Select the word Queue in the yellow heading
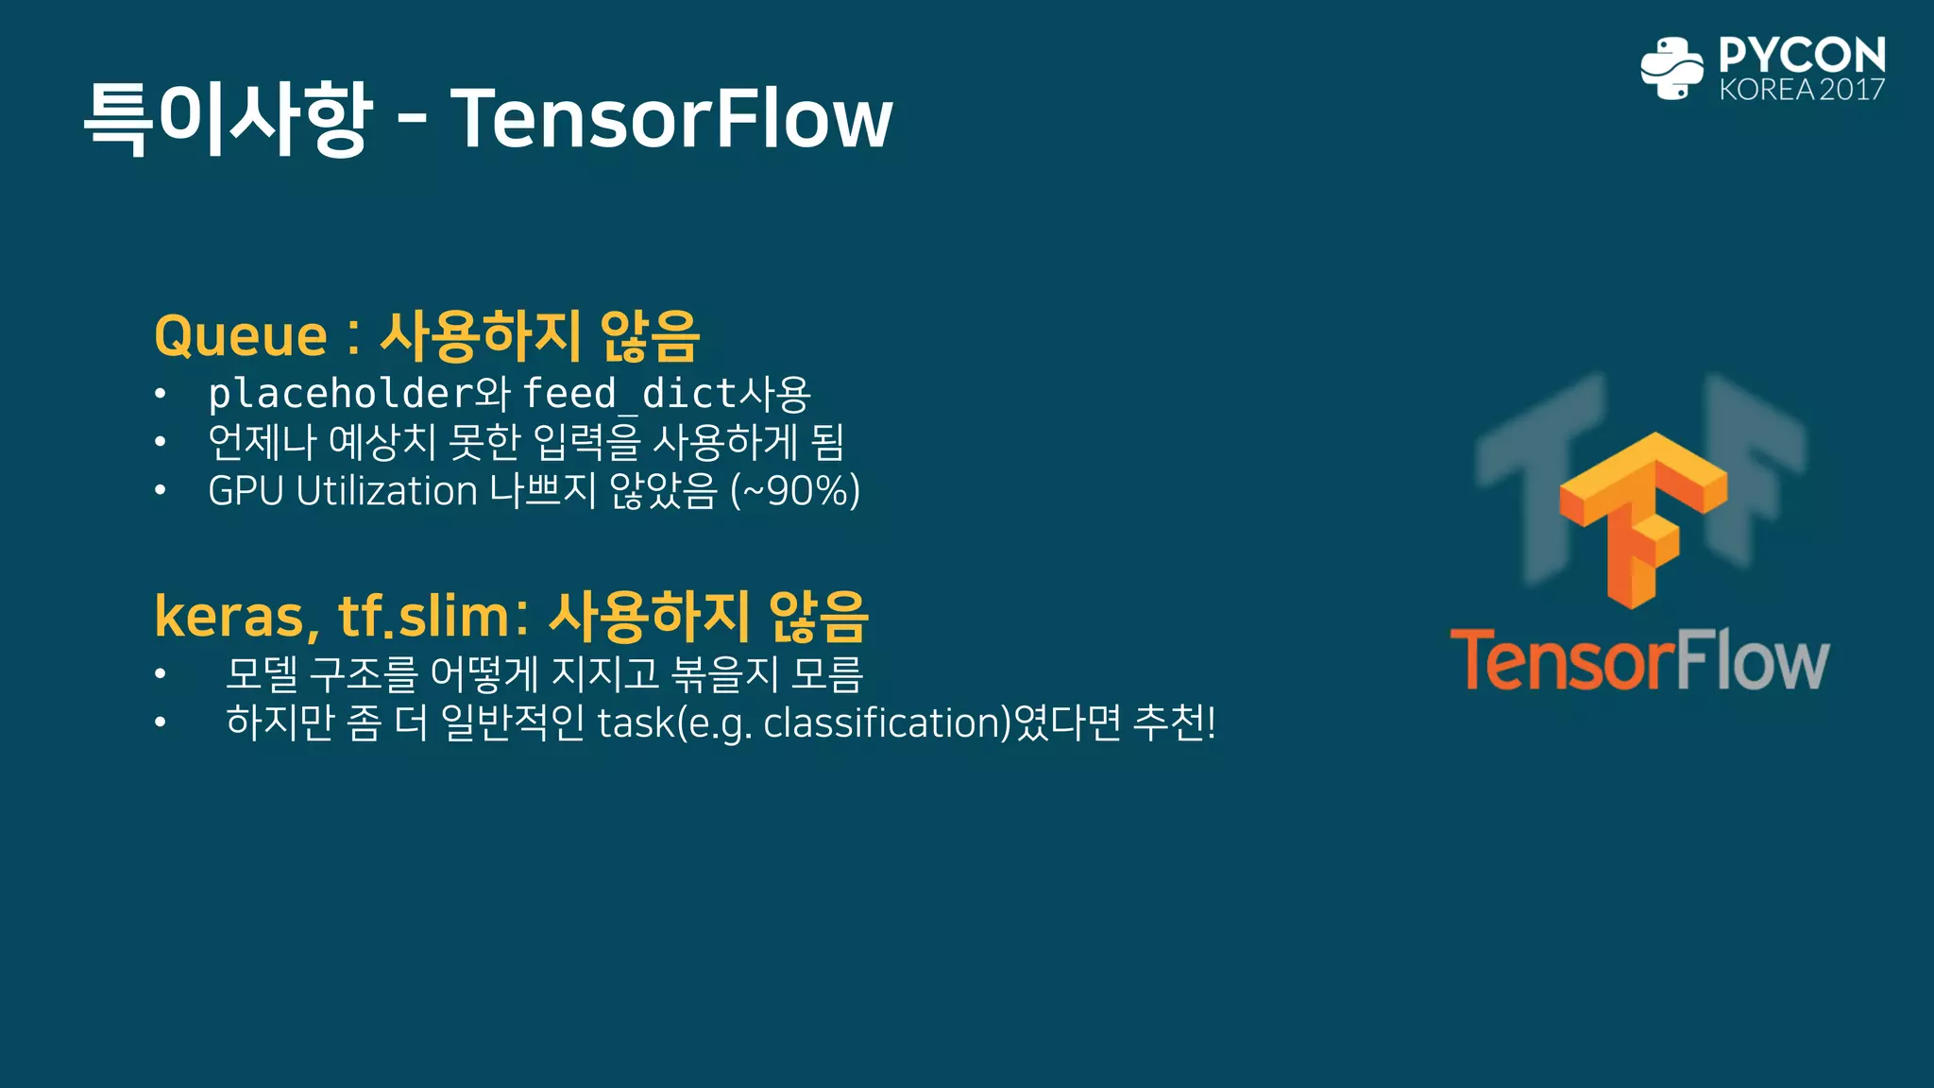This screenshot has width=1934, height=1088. point(241,336)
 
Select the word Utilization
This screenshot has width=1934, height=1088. point(386,491)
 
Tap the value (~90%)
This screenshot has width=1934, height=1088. point(795,491)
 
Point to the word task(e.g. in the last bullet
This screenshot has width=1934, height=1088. point(674,723)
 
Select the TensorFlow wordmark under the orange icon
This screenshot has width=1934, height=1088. point(1639,660)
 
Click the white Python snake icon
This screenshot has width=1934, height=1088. point(1671,68)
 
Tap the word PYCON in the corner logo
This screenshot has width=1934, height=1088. point(1802,55)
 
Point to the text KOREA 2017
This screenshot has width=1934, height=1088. point(1802,90)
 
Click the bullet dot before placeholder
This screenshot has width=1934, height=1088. point(161,394)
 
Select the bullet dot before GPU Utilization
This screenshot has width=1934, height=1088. point(161,491)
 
